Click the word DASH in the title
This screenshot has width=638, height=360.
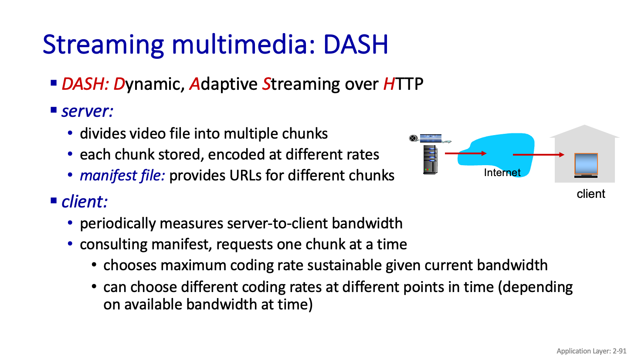[356, 44]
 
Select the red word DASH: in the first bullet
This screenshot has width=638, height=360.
[85, 84]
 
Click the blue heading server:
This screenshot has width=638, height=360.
[88, 111]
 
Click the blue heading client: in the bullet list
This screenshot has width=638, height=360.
[85, 202]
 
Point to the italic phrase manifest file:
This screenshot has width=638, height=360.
[122, 176]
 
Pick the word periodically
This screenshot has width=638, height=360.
[118, 224]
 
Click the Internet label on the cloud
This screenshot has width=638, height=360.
[502, 173]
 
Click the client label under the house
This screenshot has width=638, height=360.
[591, 194]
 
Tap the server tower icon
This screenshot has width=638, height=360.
[430, 160]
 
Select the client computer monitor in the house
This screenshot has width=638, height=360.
[586, 165]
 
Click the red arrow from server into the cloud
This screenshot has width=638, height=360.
[466, 153]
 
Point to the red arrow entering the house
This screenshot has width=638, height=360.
[538, 155]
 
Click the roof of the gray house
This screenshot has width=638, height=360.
[584, 132]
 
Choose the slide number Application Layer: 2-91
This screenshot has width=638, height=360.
[591, 351]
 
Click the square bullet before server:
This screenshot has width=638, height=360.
[54, 110]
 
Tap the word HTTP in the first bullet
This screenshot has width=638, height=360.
[403, 84]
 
